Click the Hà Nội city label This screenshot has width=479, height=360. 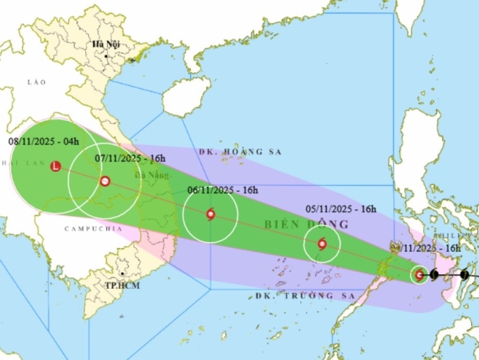[106, 44]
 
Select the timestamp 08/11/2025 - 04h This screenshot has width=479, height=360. [44, 141]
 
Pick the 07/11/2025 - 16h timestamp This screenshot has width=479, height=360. [130, 159]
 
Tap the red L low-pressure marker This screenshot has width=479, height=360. [56, 167]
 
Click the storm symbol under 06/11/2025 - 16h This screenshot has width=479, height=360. [211, 214]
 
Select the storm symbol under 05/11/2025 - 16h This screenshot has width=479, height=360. [322, 244]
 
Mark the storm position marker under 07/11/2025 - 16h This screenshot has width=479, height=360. [105, 181]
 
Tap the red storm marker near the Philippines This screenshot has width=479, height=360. [420, 275]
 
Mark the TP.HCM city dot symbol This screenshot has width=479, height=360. [122, 275]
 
